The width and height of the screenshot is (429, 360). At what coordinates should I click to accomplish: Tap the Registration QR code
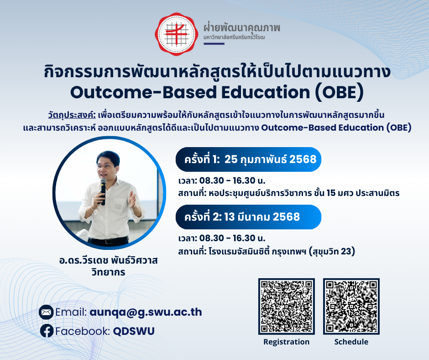click(x=287, y=306)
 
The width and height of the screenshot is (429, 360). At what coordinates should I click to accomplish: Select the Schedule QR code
click(x=351, y=306)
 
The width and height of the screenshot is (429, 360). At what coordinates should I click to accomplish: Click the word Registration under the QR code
click(x=287, y=342)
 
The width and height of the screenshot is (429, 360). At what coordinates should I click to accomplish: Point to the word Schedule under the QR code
click(x=351, y=342)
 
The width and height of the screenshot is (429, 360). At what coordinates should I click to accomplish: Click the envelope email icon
click(x=46, y=312)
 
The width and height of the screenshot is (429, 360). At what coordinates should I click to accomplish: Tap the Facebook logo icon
click(x=46, y=331)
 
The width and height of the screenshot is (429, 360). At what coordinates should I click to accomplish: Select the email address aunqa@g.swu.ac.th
click(x=146, y=312)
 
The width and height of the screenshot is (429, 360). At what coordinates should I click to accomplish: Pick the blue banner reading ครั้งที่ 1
click(x=249, y=159)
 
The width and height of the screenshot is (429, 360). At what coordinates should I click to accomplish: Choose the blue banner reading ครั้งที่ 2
click(x=248, y=217)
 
